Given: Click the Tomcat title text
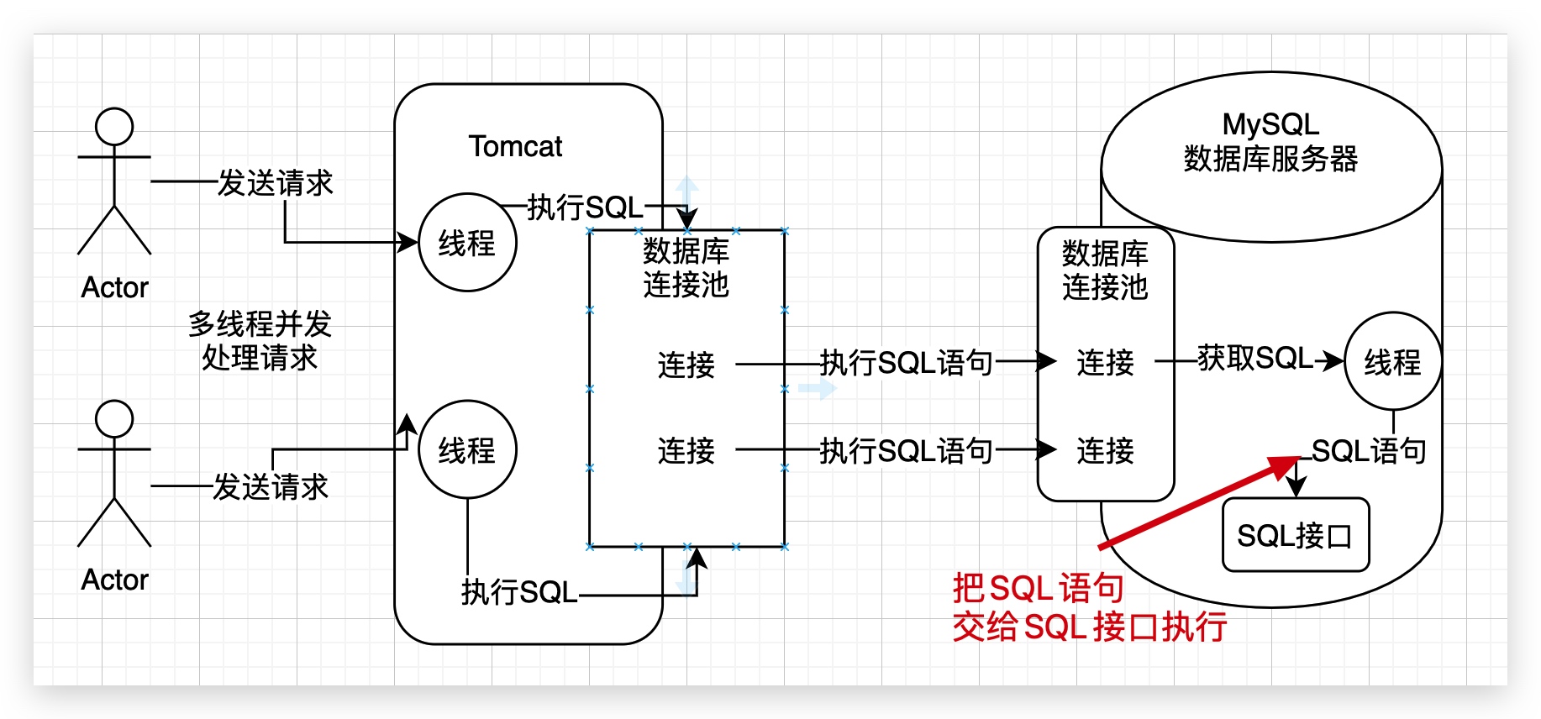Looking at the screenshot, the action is pyautogui.click(x=515, y=147).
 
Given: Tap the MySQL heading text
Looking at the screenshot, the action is pyautogui.click(x=1270, y=124).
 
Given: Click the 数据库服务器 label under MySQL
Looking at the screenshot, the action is pyautogui.click(x=1270, y=159).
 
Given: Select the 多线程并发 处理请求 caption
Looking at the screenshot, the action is pyautogui.click(x=260, y=340).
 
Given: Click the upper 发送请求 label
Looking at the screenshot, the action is pyautogui.click(x=276, y=182).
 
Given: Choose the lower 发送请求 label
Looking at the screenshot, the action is pyautogui.click(x=271, y=486).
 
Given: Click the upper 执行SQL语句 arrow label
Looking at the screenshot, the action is pyautogui.click(x=907, y=363).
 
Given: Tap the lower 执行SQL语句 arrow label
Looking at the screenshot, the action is pyautogui.click(x=907, y=451).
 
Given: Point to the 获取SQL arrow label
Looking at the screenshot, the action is pyautogui.click(x=1255, y=359).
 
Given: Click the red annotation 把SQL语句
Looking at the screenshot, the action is pyautogui.click(x=1039, y=588).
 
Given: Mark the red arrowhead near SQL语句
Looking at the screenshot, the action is pyautogui.click(x=1286, y=466).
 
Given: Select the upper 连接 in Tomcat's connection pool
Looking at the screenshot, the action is pyautogui.click(x=686, y=365).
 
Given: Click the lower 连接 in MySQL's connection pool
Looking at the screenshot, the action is pyautogui.click(x=1105, y=451).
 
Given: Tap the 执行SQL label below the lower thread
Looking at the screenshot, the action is pyautogui.click(x=519, y=592).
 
